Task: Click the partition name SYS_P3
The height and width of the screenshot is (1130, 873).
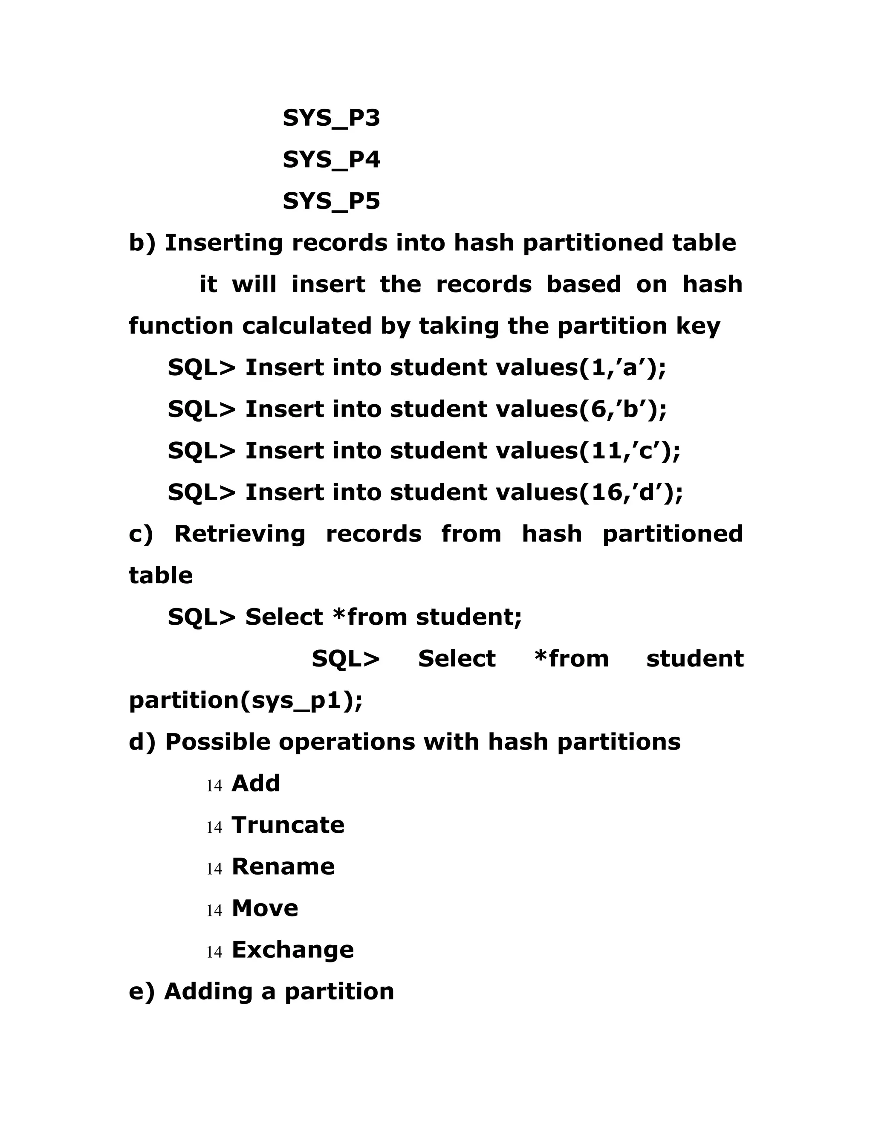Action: coord(331,119)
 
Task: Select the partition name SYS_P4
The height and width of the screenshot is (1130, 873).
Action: coord(331,160)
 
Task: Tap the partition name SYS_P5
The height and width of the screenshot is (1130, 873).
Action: coord(331,201)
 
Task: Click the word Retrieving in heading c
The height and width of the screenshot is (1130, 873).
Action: coord(240,534)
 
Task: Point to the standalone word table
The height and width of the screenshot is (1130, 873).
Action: coord(160,576)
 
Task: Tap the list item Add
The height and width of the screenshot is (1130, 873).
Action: coord(255,783)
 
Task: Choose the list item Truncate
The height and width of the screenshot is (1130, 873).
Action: coord(288,825)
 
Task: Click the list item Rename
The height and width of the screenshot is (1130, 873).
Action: coord(283,866)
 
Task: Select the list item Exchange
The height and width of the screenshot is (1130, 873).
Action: coord(293,950)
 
